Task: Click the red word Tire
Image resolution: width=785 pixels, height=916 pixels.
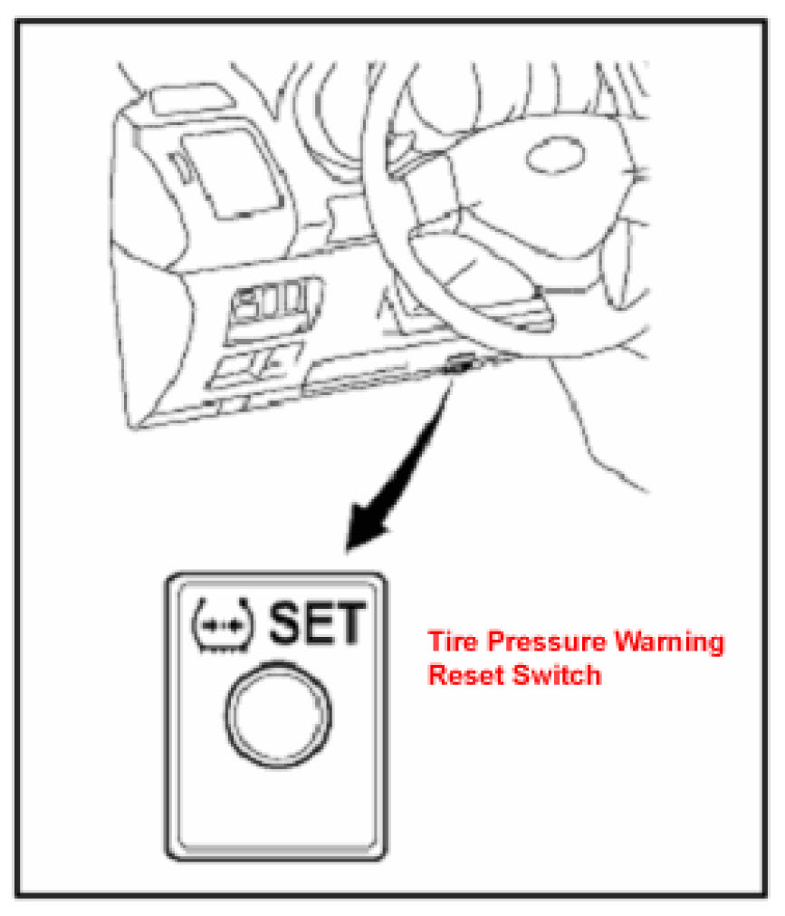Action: coord(451,642)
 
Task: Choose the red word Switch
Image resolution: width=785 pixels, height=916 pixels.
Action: coord(552,674)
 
